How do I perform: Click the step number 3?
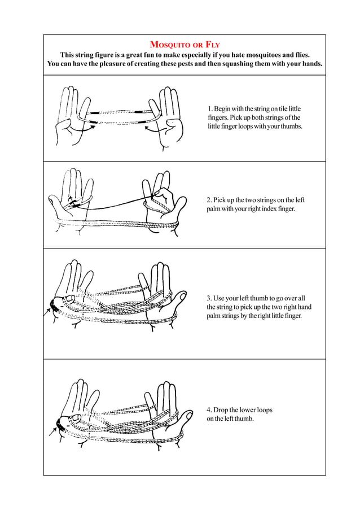click(x=209, y=298)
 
